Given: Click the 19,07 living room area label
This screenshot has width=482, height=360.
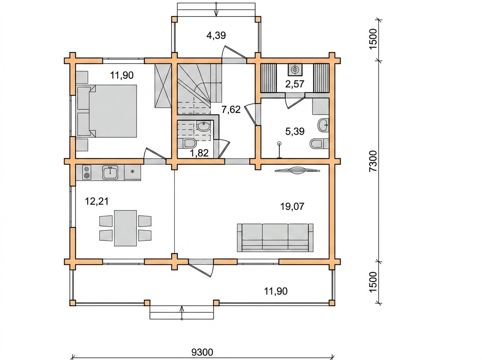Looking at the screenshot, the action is (x=292, y=207).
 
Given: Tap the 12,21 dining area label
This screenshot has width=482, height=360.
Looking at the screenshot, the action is (x=97, y=201).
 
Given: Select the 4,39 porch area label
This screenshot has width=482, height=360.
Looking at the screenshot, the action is (x=216, y=35).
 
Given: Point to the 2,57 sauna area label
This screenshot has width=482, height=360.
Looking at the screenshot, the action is (x=295, y=84).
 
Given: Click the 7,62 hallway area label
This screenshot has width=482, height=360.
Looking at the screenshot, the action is (x=231, y=109).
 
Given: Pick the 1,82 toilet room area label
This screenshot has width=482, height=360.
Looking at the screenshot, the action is (x=199, y=153).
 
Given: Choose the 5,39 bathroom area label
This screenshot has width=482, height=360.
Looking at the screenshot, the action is (x=295, y=131).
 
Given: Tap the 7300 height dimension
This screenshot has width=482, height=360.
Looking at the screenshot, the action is (x=373, y=161).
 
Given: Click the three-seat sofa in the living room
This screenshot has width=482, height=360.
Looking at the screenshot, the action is (x=275, y=238).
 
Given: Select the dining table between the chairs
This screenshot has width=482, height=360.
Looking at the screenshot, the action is (x=125, y=228).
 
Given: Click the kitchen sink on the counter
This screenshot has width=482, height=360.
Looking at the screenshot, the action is (x=110, y=172).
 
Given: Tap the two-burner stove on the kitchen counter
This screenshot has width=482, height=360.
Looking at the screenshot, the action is (x=87, y=172).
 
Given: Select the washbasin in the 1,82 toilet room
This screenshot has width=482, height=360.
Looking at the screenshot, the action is (x=204, y=127).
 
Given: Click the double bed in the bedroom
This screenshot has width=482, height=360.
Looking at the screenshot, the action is (x=107, y=111).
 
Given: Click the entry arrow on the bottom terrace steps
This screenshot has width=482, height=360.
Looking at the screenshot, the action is (x=182, y=312).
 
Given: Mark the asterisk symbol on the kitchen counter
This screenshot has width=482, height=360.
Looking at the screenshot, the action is (x=133, y=172).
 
